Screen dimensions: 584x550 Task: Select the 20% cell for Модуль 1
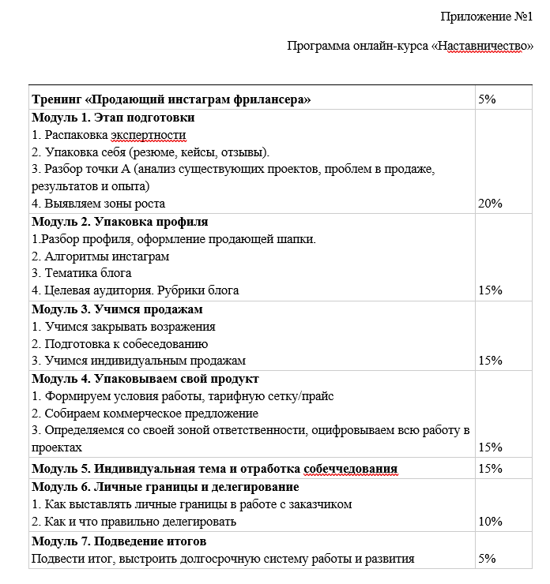click(x=491, y=204)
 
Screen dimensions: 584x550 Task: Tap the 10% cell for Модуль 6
click(x=491, y=522)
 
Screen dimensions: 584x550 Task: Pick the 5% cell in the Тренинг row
click(x=488, y=99)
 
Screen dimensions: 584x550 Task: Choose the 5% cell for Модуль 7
click(x=488, y=559)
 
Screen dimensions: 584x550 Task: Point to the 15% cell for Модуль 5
click(x=491, y=469)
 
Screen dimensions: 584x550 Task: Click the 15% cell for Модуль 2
click(x=491, y=290)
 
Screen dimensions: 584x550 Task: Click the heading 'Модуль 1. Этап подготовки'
click(x=113, y=118)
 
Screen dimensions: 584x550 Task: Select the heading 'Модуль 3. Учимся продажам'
click(x=117, y=309)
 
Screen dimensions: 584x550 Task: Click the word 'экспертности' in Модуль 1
click(x=149, y=135)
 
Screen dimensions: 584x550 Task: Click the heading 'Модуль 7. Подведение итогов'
click(x=119, y=541)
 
